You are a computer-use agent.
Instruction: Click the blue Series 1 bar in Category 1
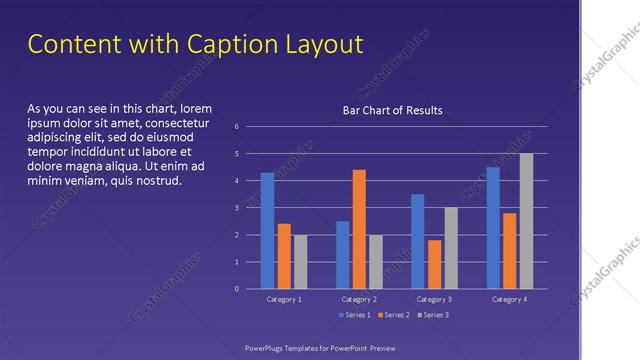(x=267, y=231)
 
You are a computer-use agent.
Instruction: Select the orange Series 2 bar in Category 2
(x=359, y=229)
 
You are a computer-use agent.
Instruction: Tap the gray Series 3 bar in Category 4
(x=526, y=221)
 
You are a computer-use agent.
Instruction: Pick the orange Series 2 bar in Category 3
(x=434, y=264)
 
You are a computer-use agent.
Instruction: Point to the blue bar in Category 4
(x=493, y=228)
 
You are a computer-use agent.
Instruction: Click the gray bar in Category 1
(x=300, y=262)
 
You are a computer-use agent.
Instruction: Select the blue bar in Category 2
(x=342, y=255)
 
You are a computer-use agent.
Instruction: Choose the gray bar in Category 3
(x=451, y=248)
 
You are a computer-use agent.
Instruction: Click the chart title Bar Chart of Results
(x=392, y=110)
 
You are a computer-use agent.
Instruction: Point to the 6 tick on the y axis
(x=236, y=127)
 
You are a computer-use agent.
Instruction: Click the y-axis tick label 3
(x=236, y=208)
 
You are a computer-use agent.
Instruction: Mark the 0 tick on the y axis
(x=236, y=289)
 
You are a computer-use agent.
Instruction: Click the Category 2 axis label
(x=359, y=299)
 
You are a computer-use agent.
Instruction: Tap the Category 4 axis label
(x=509, y=299)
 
